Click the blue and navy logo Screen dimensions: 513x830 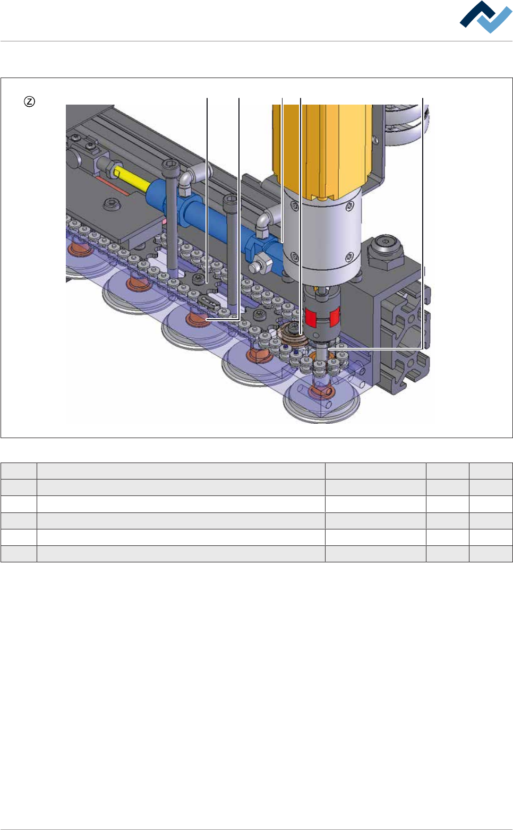pyautogui.click(x=485, y=17)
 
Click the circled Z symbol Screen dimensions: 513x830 pyautogui.click(x=29, y=101)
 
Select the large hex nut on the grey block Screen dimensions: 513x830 pyautogui.click(x=386, y=253)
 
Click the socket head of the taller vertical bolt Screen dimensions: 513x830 pyautogui.click(x=171, y=166)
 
